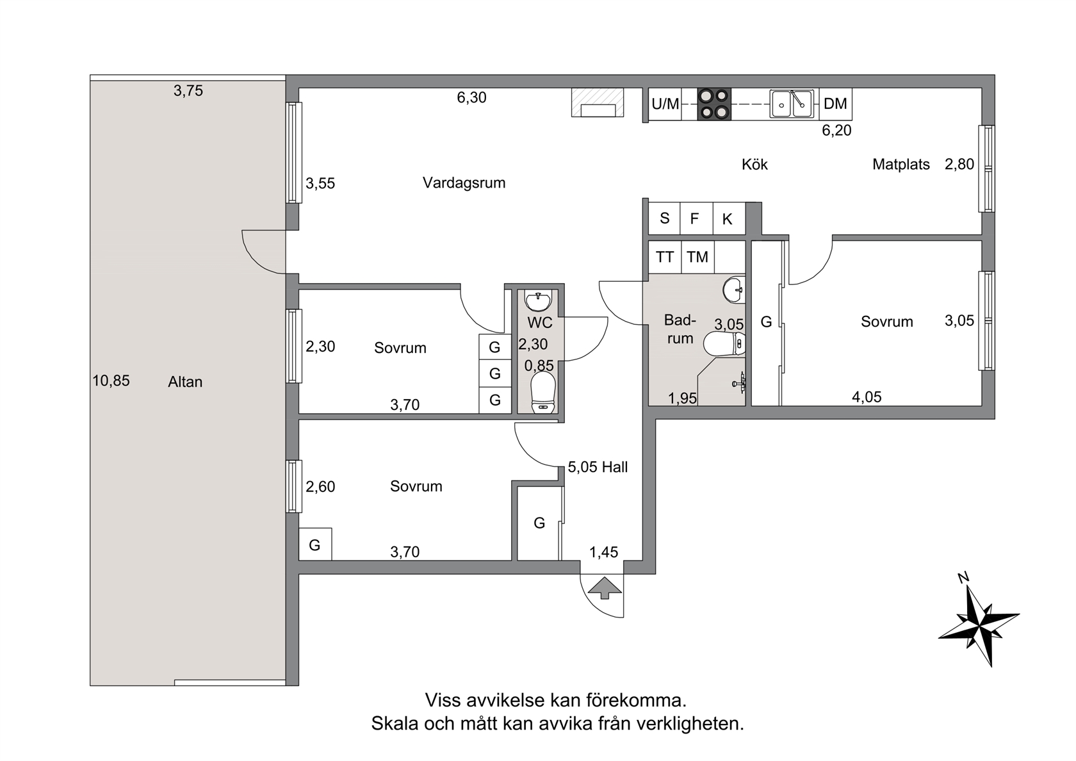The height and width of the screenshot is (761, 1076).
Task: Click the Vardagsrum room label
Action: coord(464,183)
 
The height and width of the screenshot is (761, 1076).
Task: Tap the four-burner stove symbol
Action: coord(713,104)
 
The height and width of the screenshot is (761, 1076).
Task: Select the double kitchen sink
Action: coord(792,104)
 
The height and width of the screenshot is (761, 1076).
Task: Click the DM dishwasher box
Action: coord(835,104)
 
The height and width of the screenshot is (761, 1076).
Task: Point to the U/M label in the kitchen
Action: coord(665,104)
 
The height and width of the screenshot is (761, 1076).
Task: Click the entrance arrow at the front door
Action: coord(605,588)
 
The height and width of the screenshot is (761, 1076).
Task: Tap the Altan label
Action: coord(185,382)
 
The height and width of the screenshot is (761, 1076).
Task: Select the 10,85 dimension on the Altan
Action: coord(111,381)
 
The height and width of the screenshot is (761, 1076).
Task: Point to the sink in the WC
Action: coord(539,301)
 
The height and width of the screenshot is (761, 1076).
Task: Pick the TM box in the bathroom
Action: coord(697,257)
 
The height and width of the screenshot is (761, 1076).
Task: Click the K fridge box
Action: coord(729,218)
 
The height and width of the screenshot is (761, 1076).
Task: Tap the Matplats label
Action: coord(901,164)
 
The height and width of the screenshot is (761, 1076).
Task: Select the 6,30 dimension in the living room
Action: coord(471,97)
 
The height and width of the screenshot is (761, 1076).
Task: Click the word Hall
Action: coord(615,467)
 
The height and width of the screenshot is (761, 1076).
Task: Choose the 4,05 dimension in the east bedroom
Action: coord(867,397)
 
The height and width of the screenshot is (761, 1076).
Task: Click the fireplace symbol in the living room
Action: coord(598,102)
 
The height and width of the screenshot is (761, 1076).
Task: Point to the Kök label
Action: coord(754,165)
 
